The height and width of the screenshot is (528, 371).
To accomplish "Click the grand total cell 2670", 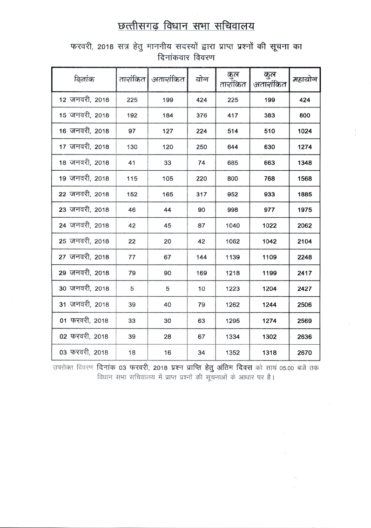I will coord(305,351).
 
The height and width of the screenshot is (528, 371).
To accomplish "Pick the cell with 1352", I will coord(233,351).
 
